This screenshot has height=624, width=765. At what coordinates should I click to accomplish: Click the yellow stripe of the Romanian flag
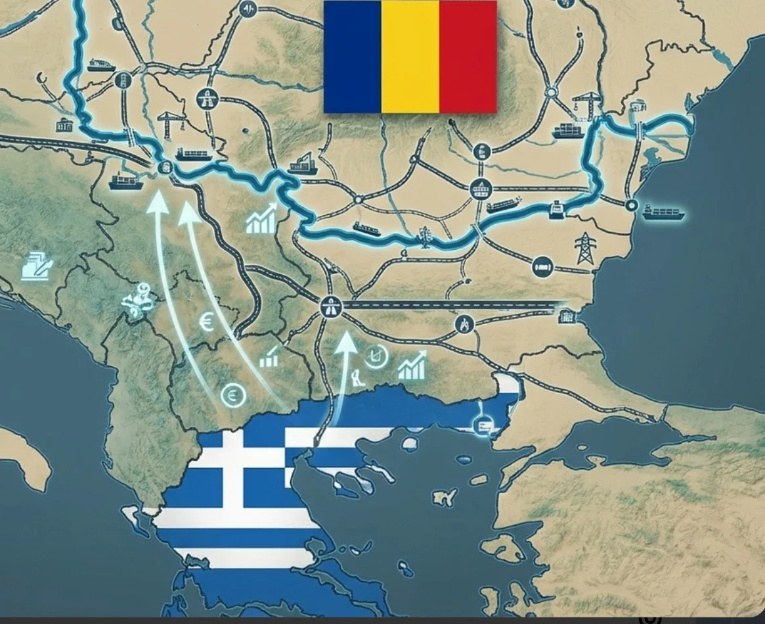[x=410, y=57]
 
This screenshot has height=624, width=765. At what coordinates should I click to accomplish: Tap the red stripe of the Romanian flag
[x=468, y=57]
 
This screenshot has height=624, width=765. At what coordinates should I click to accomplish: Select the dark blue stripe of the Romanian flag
[x=353, y=57]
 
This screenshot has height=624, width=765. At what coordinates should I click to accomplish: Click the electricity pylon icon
[x=584, y=249]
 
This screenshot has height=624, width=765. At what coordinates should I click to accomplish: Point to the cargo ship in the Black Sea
[x=664, y=212]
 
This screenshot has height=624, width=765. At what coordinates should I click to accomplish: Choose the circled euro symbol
[x=232, y=395]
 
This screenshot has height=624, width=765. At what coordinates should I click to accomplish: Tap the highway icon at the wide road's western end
[x=328, y=306]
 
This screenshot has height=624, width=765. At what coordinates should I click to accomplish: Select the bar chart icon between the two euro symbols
[x=269, y=359]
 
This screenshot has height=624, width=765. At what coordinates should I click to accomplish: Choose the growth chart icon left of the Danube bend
[x=261, y=221]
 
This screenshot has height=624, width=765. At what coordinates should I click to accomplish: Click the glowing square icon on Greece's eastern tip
[x=483, y=424]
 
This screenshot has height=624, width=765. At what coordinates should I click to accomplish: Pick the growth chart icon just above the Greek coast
[x=412, y=366]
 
